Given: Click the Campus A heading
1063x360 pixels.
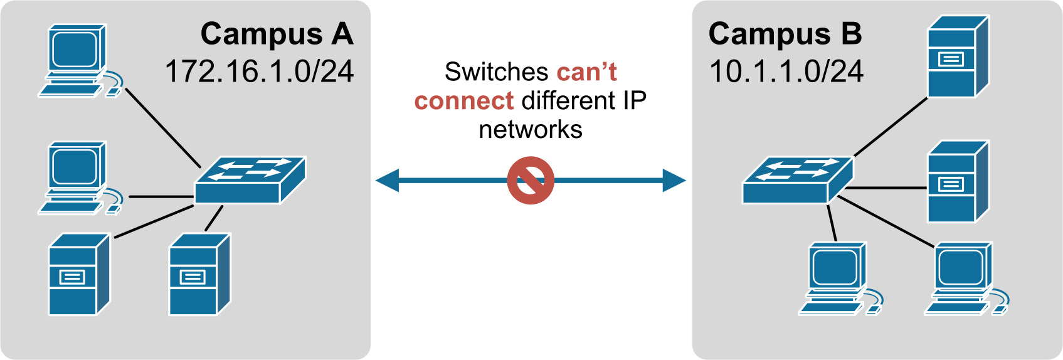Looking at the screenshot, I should (277, 34).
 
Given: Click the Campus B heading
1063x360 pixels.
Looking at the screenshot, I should (785, 34).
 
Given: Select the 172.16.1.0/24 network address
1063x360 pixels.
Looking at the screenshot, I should (259, 71).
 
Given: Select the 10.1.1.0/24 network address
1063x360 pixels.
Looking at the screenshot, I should (786, 71).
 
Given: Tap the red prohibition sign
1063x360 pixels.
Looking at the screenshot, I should (531, 181).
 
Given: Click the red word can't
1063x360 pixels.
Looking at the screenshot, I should (586, 72).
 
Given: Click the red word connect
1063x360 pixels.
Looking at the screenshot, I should (464, 101).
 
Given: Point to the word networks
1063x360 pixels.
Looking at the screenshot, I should (531, 130).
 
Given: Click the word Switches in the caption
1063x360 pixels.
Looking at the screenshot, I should (497, 72).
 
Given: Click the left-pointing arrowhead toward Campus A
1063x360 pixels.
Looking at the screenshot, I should (388, 181).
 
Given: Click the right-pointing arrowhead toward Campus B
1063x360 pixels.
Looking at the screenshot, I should (674, 181).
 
